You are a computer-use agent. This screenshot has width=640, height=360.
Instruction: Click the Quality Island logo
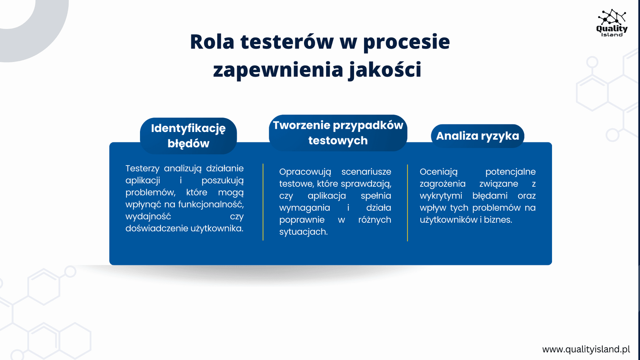(612, 23)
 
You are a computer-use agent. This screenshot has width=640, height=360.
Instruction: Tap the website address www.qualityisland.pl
(586, 349)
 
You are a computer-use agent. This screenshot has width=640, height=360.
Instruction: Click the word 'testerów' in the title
(287, 42)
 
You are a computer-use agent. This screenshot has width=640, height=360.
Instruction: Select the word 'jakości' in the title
(384, 70)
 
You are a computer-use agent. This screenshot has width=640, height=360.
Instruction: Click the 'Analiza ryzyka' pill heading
(478, 136)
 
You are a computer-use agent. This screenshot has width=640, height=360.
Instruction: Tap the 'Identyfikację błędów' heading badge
(188, 136)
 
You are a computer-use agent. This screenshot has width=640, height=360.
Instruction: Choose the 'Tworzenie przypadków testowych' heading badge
(338, 133)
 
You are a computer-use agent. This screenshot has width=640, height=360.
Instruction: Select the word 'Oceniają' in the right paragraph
(438, 172)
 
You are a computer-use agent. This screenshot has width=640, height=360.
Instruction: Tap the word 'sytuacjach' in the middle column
(303, 232)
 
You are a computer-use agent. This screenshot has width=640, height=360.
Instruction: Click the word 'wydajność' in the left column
(148, 216)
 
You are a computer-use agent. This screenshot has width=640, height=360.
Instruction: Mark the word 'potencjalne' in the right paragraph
(510, 172)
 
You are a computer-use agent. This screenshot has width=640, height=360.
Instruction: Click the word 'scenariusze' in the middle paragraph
(366, 172)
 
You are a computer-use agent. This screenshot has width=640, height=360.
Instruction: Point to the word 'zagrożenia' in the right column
(442, 184)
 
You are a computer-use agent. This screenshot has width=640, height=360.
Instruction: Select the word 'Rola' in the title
(212, 42)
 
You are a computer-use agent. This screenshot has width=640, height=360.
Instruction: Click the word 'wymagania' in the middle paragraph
(304, 208)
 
